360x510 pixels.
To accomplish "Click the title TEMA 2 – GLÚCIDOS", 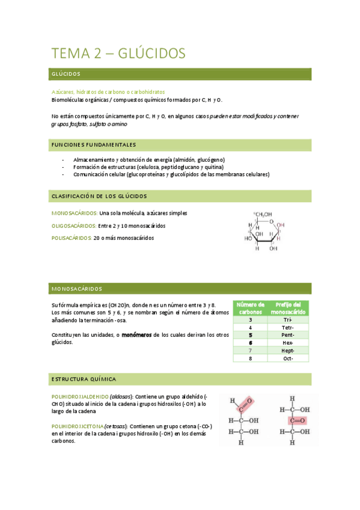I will pos(119,54).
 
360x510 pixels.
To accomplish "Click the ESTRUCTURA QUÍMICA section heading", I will pos(84,379).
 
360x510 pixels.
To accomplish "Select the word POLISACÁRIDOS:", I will pos(72,238).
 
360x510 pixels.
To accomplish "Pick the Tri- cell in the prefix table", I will pos(287,319).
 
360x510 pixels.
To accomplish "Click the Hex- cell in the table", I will pos(287,342).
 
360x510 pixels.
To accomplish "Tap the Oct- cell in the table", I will pos(287,358).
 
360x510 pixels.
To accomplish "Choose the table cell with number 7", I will pos(250,350).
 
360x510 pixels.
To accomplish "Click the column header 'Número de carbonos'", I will pos(250,309).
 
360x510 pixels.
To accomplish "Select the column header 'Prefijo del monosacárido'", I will pos(288,309).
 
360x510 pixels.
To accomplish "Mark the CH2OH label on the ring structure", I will pos(263,214).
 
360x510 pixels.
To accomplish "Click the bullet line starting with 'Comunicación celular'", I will pos(171,174).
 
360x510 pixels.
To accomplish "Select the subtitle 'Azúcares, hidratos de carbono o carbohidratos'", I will pos(109,92).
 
